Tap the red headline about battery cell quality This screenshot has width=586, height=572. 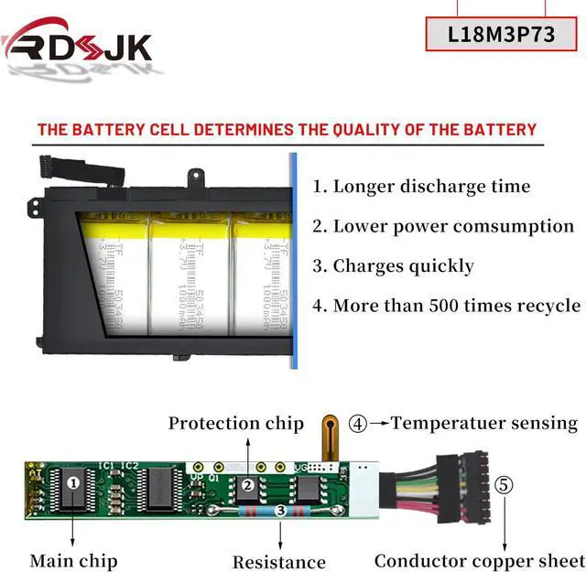tap(287, 129)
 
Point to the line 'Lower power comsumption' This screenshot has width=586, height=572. tap(442, 226)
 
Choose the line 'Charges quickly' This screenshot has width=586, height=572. tap(393, 266)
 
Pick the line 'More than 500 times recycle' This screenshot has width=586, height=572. tap(446, 306)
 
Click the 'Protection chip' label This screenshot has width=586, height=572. tap(235, 423)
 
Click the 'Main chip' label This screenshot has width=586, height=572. tap(73, 560)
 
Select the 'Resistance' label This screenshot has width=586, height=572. tap(278, 562)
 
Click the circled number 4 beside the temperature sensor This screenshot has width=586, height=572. tap(358, 424)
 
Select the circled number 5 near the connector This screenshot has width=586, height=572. tap(504, 485)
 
